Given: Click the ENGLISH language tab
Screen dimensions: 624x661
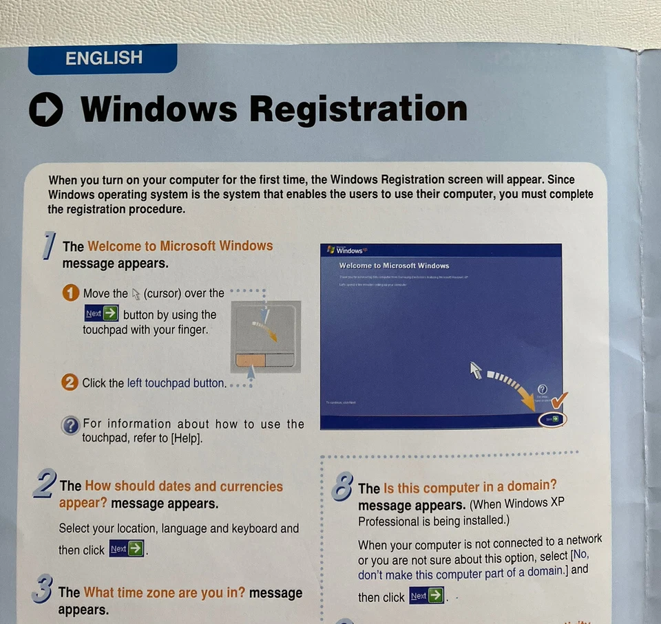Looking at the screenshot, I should pyautogui.click(x=103, y=59).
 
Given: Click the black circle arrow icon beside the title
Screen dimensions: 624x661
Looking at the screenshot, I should pyautogui.click(x=46, y=110).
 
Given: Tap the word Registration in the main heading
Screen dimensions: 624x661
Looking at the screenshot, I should pyautogui.click(x=357, y=109).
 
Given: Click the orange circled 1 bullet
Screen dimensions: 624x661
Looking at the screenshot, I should pyautogui.click(x=70, y=294).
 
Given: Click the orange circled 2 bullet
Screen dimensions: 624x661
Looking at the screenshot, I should pyautogui.click(x=70, y=383).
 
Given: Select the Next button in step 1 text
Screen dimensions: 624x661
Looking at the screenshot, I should pyautogui.click(x=101, y=314).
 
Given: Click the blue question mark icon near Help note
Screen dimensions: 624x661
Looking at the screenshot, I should pyautogui.click(x=70, y=426).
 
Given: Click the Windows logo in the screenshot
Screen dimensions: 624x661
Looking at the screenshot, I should pyautogui.click(x=332, y=250).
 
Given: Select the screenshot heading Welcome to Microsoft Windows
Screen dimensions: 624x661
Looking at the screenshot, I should pyautogui.click(x=394, y=266).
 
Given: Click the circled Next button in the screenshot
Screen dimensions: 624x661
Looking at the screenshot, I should pyautogui.click(x=551, y=418).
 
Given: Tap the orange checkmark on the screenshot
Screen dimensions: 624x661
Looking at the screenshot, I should pyautogui.click(x=560, y=399).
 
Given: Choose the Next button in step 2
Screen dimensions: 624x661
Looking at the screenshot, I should pyautogui.click(x=127, y=549).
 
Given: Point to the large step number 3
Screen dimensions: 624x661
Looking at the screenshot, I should pyautogui.click(x=43, y=589).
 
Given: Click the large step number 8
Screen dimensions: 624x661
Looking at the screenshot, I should pyautogui.click(x=342, y=487).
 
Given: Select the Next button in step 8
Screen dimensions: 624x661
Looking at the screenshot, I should pyautogui.click(x=426, y=596).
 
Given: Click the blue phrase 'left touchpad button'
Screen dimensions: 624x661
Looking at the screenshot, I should pyautogui.click(x=176, y=383).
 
